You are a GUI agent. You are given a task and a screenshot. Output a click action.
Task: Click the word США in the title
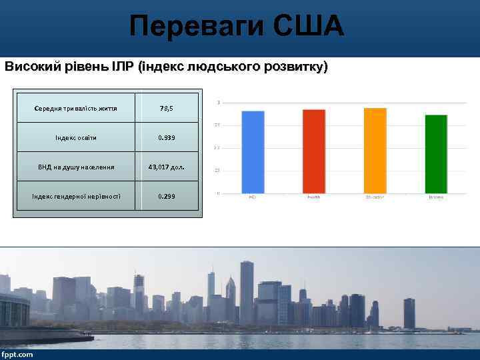coord(308,27)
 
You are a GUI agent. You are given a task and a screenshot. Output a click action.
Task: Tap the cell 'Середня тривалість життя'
coord(75,108)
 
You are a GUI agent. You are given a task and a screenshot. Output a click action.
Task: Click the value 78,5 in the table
coord(167,108)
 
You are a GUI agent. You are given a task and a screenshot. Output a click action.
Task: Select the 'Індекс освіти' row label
coord(75,137)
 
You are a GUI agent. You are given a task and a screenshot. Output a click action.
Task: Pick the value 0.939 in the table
coord(167,137)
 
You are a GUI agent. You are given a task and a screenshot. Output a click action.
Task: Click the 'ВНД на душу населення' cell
coord(75,167)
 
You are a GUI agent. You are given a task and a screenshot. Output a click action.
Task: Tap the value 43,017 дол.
coord(167,167)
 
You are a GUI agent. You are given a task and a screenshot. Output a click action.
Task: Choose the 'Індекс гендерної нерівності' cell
coord(75,196)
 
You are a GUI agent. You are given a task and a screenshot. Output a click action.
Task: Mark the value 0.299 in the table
coord(167,196)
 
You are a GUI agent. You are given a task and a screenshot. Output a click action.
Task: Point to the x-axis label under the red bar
coord(313,197)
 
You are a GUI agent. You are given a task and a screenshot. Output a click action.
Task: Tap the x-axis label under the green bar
coord(436,197)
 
